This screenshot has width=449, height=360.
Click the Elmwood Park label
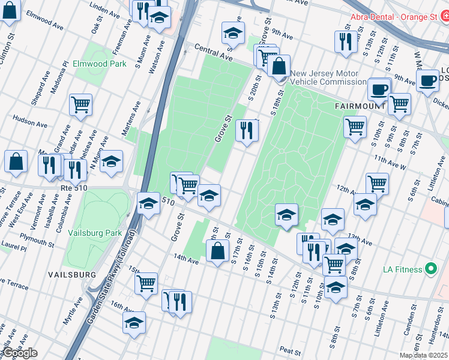click(99, 64)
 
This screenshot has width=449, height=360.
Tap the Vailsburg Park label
click(95, 233)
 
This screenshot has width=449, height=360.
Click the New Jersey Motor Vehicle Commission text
click(333, 77)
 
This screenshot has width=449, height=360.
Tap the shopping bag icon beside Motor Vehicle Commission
click(279, 66)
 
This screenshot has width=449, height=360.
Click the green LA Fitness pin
click(430, 269)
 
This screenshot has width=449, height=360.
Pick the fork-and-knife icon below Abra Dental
click(343, 41)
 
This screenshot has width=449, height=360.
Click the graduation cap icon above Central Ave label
click(233, 32)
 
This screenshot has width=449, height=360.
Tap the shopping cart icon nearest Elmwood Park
click(80, 104)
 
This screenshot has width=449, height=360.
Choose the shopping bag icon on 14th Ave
click(217, 250)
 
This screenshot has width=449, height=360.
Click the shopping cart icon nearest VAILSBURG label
click(146, 283)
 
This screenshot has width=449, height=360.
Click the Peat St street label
click(289, 350)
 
